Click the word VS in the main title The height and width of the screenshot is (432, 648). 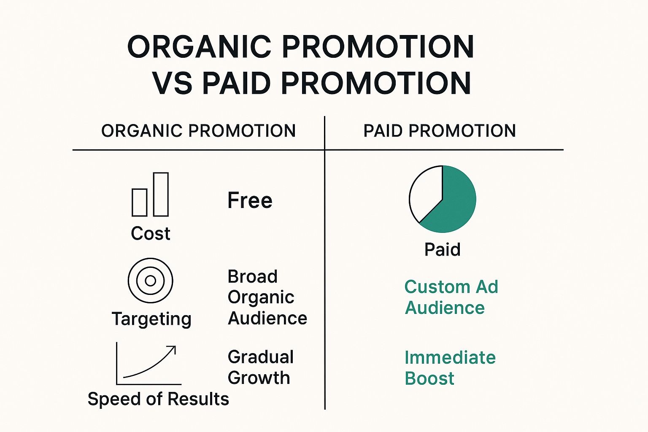[x=173, y=83]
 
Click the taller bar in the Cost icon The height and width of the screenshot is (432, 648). [x=161, y=194]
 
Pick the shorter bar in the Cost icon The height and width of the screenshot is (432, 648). [x=140, y=202]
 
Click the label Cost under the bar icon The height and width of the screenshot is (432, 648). [x=151, y=233]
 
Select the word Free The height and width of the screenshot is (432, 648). [x=250, y=200]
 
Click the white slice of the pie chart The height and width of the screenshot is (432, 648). [x=425, y=194]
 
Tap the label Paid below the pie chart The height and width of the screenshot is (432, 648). [x=442, y=249]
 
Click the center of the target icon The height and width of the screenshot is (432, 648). [x=151, y=281]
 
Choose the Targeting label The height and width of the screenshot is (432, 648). [x=151, y=319]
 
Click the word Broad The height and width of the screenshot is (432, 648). [x=253, y=276]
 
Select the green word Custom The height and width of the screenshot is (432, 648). [x=437, y=287]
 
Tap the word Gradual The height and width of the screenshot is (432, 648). [x=261, y=357]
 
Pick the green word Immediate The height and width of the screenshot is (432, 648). [x=450, y=357]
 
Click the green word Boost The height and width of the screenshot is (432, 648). [x=429, y=378]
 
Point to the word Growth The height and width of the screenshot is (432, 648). [x=259, y=378]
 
